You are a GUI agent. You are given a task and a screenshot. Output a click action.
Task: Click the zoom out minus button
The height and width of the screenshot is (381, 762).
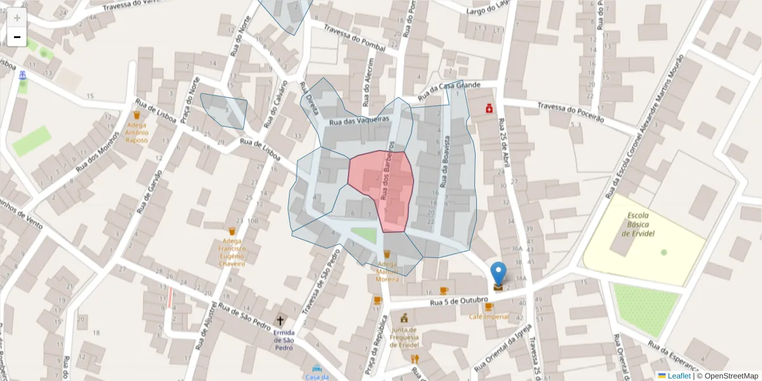17,37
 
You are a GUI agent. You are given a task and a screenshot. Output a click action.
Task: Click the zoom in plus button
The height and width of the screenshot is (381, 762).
17,18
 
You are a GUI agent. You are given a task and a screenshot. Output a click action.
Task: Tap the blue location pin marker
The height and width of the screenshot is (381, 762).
499,274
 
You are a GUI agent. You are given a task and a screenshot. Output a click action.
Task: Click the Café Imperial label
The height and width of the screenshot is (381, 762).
489,316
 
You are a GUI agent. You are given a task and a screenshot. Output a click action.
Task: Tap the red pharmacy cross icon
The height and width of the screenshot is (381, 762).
490,109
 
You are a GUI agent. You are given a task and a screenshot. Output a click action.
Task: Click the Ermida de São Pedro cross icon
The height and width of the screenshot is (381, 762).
280,321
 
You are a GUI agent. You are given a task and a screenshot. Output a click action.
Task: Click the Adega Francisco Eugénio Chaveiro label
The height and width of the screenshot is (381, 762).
232,250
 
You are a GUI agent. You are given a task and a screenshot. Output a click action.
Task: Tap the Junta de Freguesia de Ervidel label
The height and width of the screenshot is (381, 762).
404,337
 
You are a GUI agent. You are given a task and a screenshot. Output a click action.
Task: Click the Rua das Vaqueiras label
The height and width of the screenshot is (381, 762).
358,120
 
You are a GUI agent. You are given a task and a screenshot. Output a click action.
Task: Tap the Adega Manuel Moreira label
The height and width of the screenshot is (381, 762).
387,271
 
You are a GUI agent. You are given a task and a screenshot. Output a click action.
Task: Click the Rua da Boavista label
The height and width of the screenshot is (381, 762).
446,162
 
